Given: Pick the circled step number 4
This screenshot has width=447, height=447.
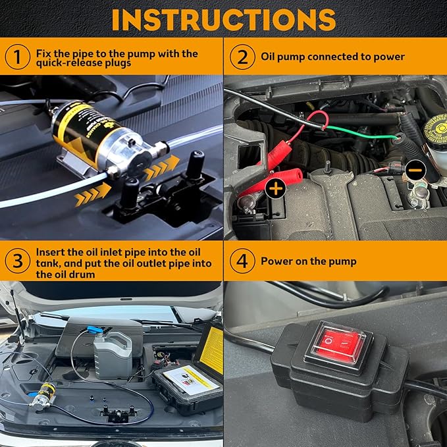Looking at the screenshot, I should pos(242,261).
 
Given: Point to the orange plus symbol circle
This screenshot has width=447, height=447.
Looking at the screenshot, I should pos(275,189).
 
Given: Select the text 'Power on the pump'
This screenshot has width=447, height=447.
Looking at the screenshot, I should pos(308,261).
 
